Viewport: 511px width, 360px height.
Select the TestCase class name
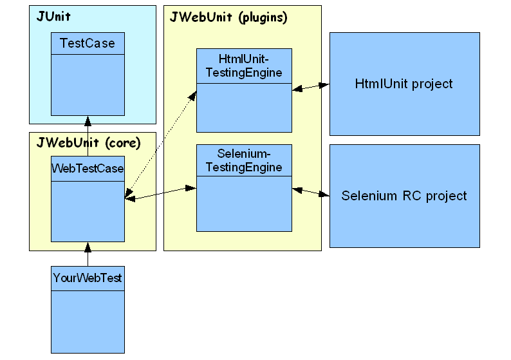coord(88,44)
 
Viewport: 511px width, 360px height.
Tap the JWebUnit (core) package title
coord(88,142)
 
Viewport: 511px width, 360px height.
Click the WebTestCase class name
coord(88,169)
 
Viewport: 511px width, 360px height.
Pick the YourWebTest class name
coord(88,279)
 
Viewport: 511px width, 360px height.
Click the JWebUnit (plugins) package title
coord(228,17)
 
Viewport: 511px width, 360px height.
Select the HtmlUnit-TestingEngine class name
coord(244,66)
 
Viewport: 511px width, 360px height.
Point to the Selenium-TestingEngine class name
coord(244,161)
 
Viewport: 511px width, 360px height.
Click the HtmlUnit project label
coord(404,84)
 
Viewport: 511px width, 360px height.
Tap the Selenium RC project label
coord(404,196)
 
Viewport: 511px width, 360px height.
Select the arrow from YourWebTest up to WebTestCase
coord(88,254)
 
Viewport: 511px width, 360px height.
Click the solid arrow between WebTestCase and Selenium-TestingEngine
coord(160,194)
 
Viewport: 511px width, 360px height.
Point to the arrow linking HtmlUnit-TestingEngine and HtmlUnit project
coord(311,88)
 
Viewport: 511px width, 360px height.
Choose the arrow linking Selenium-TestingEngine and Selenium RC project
coord(311,191)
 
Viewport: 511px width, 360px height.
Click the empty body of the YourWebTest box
coord(88,320)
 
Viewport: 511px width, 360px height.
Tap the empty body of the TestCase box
coord(88,84)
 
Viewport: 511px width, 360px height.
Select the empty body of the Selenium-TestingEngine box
coord(244,203)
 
